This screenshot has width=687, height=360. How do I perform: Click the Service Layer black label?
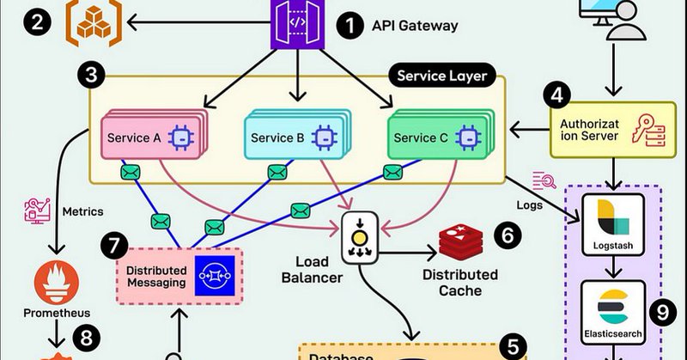pyautogui.click(x=441, y=76)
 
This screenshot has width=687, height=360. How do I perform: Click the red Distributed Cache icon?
pyautogui.click(x=462, y=243)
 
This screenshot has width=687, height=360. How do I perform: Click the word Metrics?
pyautogui.click(x=85, y=211)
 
